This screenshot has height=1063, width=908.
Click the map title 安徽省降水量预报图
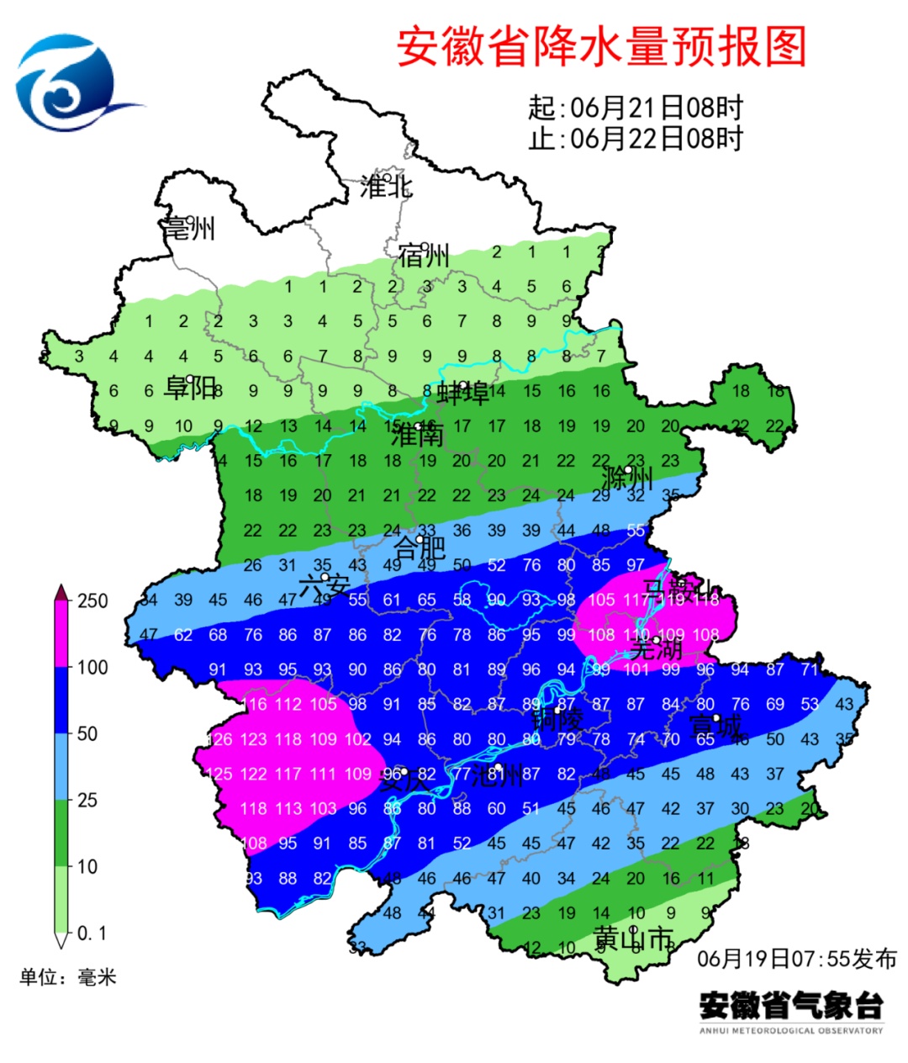tap(601, 46)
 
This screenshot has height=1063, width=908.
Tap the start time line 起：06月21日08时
tap(636, 108)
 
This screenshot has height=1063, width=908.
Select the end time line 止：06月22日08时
tap(636, 138)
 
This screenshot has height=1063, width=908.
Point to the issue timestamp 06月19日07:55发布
tap(796, 959)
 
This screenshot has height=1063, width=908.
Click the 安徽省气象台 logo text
tap(791, 1005)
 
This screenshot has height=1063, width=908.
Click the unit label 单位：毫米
tap(68, 977)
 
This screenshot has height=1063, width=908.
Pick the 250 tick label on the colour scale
tap(92, 600)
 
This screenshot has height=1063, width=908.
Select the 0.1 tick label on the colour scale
tap(92, 933)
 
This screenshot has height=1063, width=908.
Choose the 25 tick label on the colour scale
tap(87, 800)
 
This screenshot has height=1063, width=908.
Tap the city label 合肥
tap(420, 548)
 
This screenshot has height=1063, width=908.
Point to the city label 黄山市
tap(634, 939)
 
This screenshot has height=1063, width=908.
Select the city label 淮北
tap(386, 187)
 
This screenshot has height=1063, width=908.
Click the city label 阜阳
tap(190, 388)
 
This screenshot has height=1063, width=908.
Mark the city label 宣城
tap(715, 726)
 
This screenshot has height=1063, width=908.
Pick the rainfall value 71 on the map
tap(809, 670)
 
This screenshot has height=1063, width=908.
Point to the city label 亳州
tap(190, 228)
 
